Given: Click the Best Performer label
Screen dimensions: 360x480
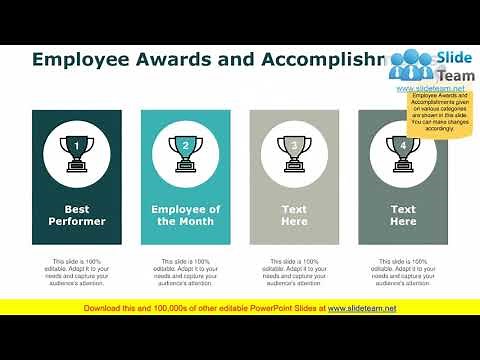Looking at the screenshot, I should (77, 215).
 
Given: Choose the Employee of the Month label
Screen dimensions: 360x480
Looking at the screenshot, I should (186, 215).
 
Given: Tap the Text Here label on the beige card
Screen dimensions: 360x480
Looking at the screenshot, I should (294, 215).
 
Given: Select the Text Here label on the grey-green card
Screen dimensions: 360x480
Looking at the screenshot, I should (403, 215).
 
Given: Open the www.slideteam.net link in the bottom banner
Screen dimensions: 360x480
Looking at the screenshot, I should (362, 308).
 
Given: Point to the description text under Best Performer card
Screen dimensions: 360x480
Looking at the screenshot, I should (77, 272).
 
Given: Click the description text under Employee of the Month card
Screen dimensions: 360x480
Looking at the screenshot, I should (186, 272).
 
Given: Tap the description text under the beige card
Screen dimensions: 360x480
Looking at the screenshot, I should (294, 272).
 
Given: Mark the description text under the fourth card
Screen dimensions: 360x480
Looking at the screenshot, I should (403, 272).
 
